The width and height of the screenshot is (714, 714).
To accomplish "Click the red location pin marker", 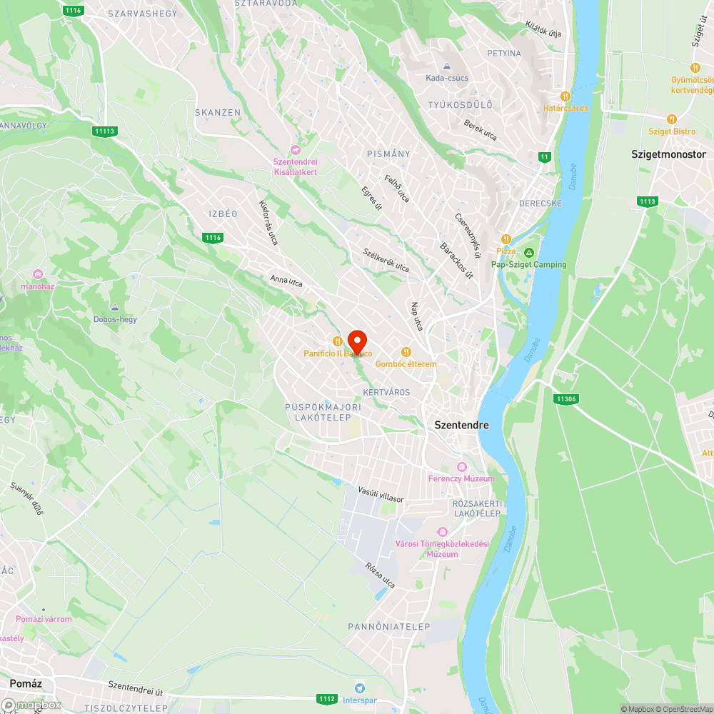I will pyautogui.click(x=356, y=341).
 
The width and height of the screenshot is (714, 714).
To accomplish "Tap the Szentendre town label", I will pyautogui.click(x=462, y=425).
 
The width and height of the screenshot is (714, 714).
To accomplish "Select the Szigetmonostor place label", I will pyautogui.click(x=668, y=154).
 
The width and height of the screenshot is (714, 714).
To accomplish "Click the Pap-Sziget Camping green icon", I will pyautogui.click(x=528, y=253).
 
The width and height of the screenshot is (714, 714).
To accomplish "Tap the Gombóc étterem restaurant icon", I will pyautogui.click(x=406, y=351).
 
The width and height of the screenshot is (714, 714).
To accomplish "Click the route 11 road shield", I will pyautogui.click(x=545, y=157).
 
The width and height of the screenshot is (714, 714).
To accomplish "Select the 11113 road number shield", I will pyautogui.click(x=104, y=131).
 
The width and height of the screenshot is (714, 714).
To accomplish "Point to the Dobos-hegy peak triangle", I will pyautogui.click(x=115, y=308).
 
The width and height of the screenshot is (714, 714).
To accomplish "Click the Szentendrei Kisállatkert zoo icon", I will pyautogui.click(x=296, y=149).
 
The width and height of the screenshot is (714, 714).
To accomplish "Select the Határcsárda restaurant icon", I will pyautogui.click(x=565, y=96).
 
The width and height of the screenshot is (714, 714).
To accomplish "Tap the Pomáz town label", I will pyautogui.click(x=26, y=683).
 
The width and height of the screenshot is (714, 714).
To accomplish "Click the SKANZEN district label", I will pyautogui.click(x=218, y=113).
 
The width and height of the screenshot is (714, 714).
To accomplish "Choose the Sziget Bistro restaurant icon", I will pyautogui.click(x=671, y=119).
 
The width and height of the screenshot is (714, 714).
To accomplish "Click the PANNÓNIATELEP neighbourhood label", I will pyautogui.click(x=389, y=626).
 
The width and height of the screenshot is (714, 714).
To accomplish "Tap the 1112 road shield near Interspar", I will pyautogui.click(x=327, y=698).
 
